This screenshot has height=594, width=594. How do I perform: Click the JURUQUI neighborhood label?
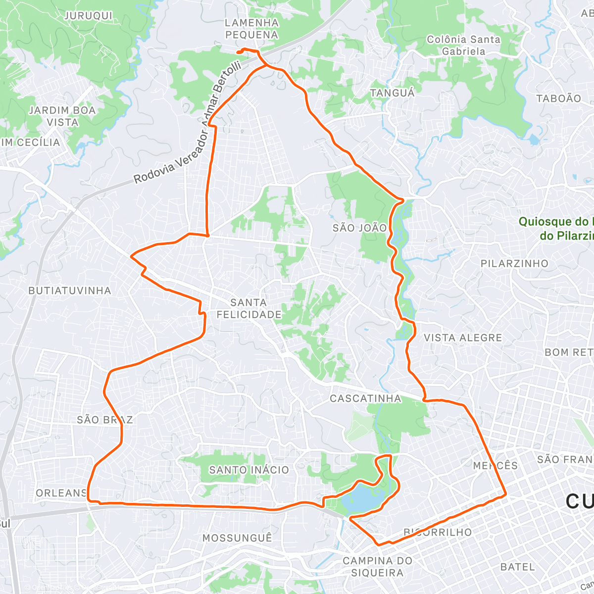pos(89,16)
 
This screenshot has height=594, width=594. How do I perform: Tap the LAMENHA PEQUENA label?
pos(251,29)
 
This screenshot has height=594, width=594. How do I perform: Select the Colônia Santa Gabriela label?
pos(463,45)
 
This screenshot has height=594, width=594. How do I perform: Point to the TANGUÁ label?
pos(393,93)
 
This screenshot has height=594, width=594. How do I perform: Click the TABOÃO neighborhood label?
pos(558,99)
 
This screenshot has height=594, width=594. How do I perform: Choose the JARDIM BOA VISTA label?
pos(62,116)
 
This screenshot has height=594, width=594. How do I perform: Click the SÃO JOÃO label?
pos(359,228)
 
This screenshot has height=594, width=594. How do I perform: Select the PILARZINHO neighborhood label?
pos(514,263)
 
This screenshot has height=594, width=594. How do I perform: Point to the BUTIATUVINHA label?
pos(70,291)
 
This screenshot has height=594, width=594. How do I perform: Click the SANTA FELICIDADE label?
pos(249,308)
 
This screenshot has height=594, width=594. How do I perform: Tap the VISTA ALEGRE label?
pos(463,338)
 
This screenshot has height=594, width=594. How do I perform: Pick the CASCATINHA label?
pos(366,398)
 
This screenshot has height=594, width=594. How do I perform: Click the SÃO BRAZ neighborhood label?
pos(105,420)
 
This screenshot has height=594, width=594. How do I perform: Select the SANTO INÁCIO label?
pos(249,470)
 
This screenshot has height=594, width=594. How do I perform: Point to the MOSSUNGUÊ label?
pos(237,538)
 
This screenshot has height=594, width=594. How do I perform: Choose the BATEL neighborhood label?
pos(517,567)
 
